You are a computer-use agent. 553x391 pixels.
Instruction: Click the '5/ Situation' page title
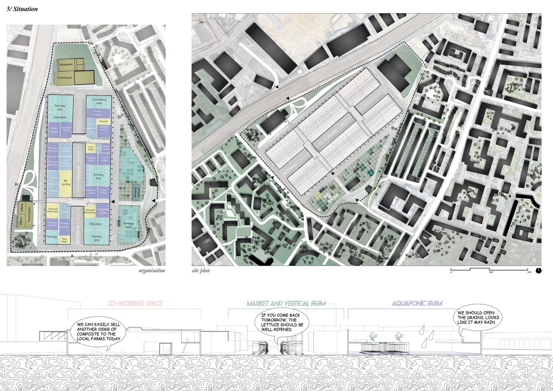22,9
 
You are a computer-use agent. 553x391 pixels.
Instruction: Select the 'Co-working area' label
99,101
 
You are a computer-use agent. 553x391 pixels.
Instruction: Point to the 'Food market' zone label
54,130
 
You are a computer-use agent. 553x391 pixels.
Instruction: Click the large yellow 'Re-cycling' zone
66,182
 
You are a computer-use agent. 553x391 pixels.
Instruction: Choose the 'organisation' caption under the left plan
152,271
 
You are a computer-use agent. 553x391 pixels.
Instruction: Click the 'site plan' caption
201,271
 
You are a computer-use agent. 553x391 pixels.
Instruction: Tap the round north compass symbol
539,270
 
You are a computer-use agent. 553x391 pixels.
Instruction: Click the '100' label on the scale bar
491,272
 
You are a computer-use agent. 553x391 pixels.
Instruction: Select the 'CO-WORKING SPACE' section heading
135,304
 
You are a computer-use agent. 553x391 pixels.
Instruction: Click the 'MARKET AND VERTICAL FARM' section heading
286,304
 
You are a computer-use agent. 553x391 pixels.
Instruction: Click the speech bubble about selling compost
96,332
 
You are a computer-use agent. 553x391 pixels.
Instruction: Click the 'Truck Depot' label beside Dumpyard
64,78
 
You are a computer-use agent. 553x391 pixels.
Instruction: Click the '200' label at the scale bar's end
529,272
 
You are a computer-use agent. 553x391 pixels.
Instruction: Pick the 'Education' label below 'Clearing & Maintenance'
96,224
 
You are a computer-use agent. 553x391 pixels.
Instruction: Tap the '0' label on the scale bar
451,272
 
